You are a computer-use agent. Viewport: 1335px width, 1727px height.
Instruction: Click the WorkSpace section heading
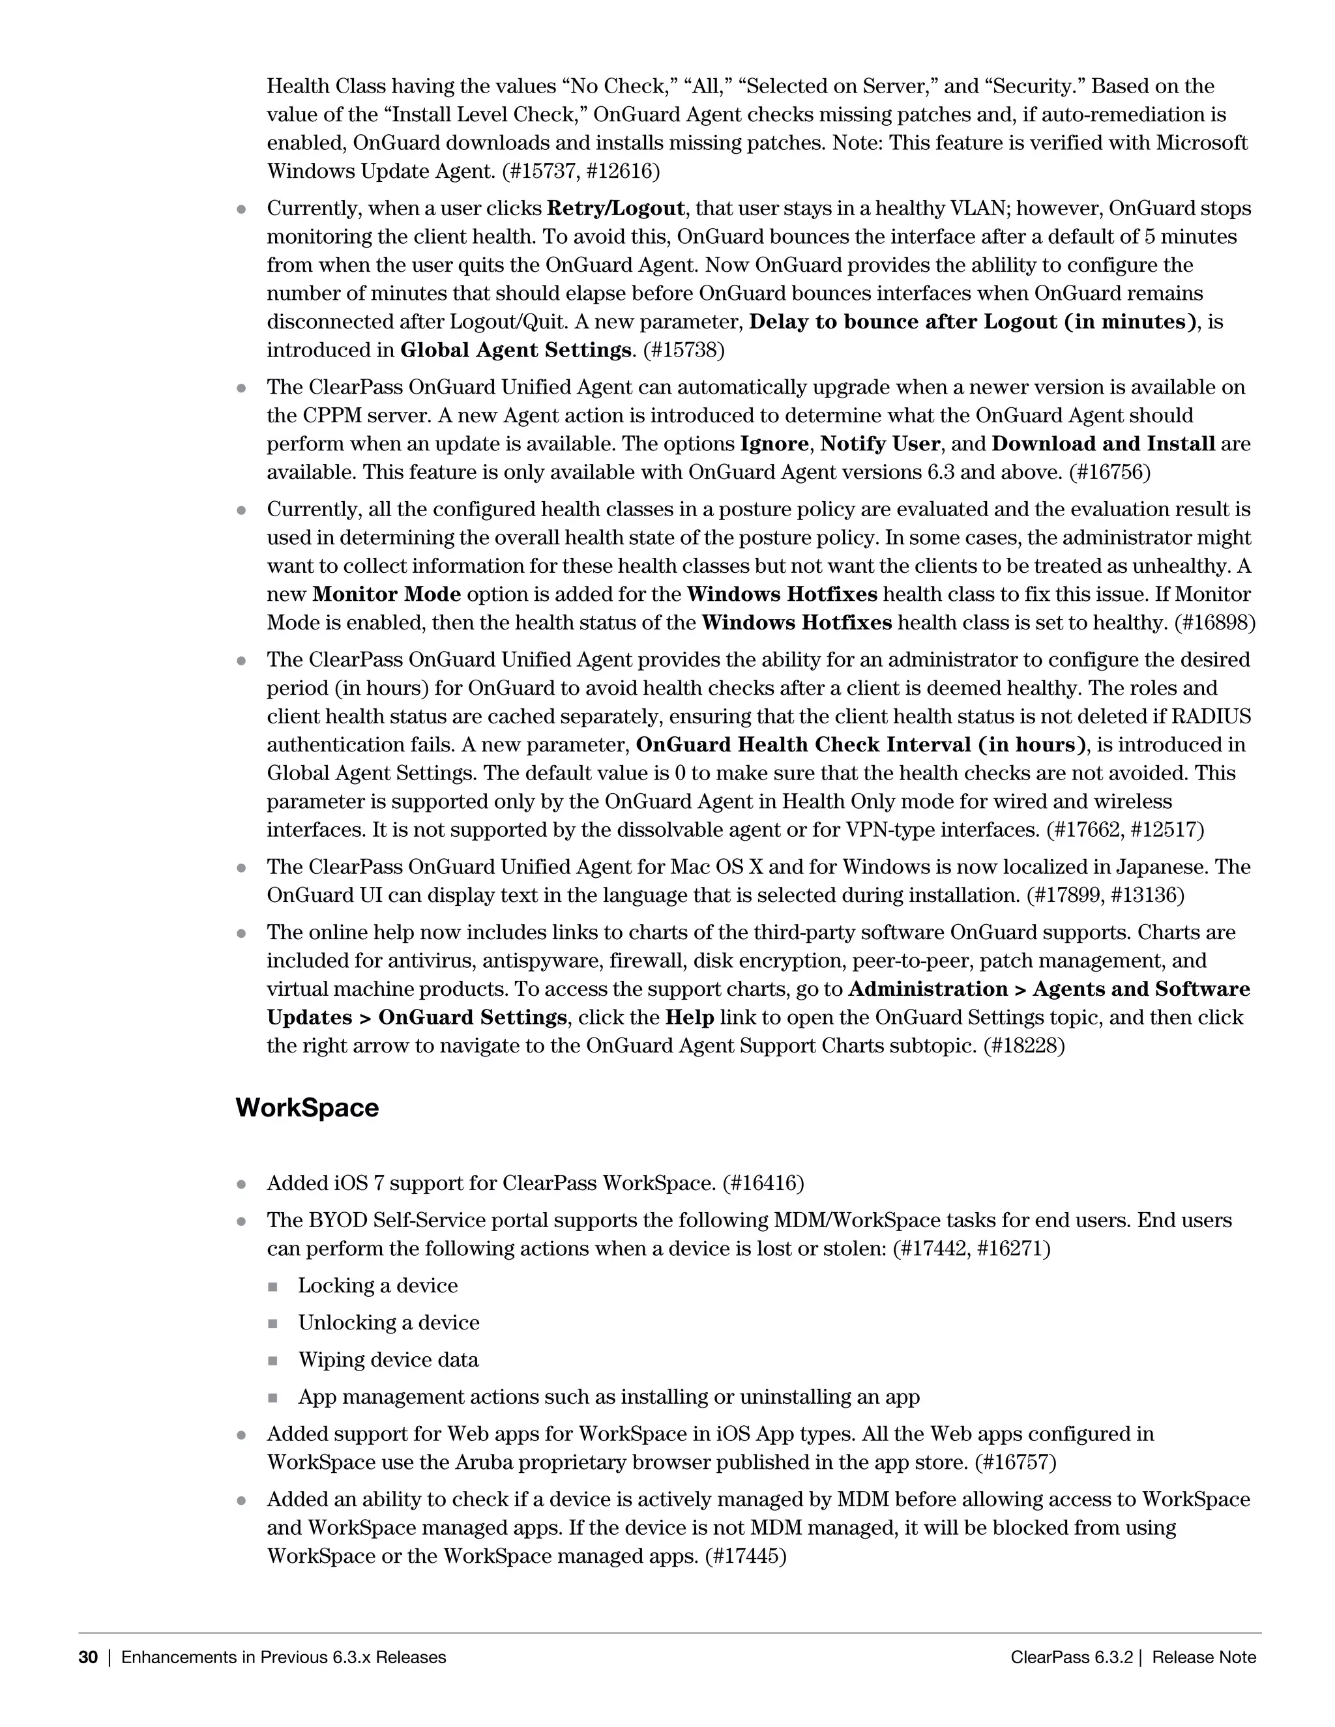point(307,1108)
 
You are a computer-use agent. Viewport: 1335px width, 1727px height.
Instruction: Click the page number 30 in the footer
point(88,1657)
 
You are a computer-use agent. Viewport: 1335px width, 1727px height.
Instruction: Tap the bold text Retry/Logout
point(615,209)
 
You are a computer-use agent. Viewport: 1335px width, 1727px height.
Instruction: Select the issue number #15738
point(683,351)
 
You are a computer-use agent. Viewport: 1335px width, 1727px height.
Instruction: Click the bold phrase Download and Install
point(1104,444)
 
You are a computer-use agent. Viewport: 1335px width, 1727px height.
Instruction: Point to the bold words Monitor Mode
point(387,594)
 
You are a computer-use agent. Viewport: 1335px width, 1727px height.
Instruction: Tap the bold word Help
point(690,1018)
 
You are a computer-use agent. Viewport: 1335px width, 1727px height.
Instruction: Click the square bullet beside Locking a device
point(273,1287)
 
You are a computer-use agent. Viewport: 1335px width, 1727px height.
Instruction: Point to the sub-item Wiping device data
point(389,1360)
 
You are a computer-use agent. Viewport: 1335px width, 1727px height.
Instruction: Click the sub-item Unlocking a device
point(389,1323)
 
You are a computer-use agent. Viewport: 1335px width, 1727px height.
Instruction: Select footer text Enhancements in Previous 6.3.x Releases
point(284,1657)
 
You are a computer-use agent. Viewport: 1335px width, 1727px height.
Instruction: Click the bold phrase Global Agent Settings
point(516,351)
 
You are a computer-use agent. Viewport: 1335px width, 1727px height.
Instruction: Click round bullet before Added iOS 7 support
point(242,1185)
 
